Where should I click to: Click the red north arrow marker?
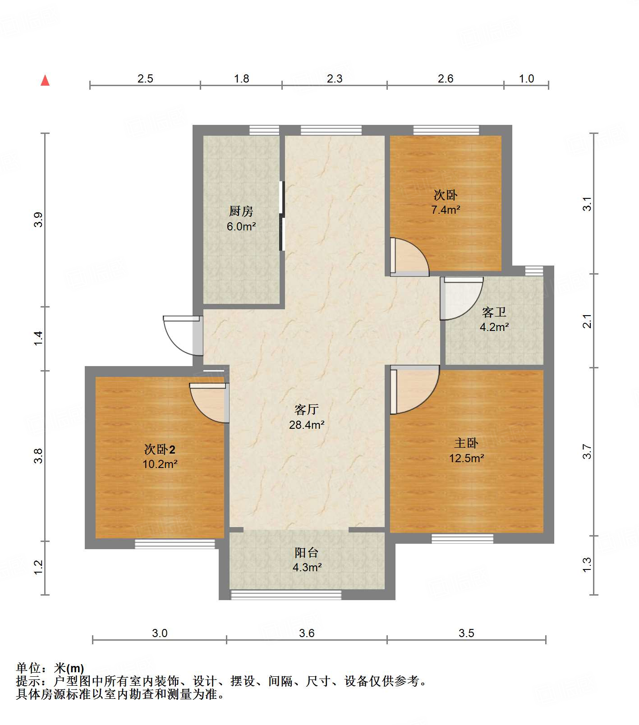click(45, 81)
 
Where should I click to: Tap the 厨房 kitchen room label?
click(241, 211)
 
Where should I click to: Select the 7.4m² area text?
click(446, 210)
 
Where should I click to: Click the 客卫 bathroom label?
click(494, 312)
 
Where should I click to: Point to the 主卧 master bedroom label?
click(466, 443)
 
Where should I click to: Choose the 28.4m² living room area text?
click(307, 425)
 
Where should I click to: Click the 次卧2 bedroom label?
click(160, 449)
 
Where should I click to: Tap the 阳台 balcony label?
click(307, 552)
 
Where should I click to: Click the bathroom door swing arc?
click(462, 298)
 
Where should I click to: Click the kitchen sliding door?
click(282, 216)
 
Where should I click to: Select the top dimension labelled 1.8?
click(241, 79)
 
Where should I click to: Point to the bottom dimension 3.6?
click(307, 633)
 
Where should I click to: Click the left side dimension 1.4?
click(39, 338)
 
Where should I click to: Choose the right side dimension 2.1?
click(587, 321)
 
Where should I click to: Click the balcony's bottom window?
click(286, 595)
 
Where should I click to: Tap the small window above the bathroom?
click(534, 271)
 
